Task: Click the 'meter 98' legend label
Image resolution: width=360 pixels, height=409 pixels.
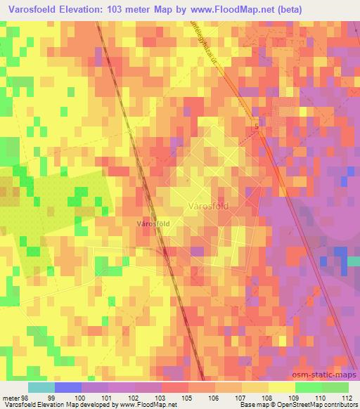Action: point(14,397)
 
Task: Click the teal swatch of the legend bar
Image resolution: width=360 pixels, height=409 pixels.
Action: point(41,387)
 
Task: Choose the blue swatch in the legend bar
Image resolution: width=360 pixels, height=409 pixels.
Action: point(68,387)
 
